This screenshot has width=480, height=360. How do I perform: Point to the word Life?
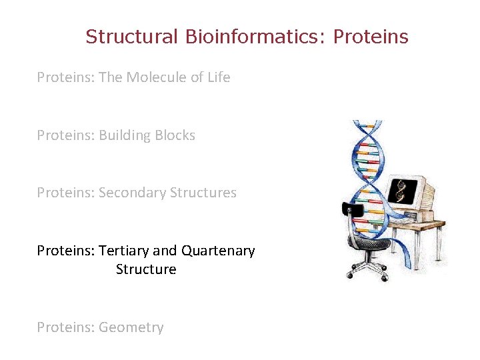(218, 77)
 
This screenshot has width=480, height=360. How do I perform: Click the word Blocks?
(175, 135)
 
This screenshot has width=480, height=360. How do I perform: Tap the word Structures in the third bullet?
(203, 193)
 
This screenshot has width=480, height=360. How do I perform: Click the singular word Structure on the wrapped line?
(146, 269)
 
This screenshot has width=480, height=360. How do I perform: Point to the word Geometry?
(131, 327)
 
